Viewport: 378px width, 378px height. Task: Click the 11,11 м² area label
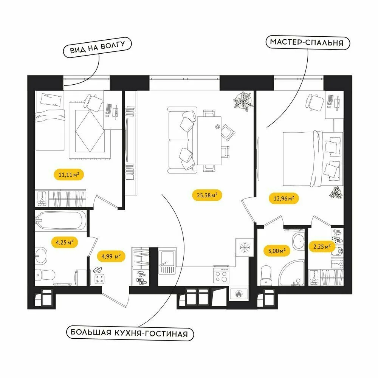click(x=69, y=174)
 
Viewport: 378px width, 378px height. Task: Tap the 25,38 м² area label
click(x=207, y=195)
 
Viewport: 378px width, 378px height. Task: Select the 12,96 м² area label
click(x=283, y=198)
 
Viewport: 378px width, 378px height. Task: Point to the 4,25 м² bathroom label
click(x=64, y=242)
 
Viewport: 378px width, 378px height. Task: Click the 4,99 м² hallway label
click(x=111, y=256)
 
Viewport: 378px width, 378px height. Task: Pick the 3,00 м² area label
click(x=277, y=251)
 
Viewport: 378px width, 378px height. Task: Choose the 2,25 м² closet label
click(x=322, y=246)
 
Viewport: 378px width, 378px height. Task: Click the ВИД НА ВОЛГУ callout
click(x=97, y=47)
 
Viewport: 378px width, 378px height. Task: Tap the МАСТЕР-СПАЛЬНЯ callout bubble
click(x=308, y=42)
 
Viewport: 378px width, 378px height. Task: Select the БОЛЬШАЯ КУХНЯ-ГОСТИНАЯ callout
click(x=130, y=333)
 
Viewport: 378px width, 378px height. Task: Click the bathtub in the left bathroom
click(x=60, y=220)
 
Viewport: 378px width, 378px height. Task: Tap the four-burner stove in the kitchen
click(x=221, y=274)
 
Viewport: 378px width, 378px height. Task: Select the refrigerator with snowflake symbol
click(x=245, y=248)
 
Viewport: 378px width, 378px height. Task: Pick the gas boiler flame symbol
click(x=239, y=294)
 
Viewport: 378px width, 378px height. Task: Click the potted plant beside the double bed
click(x=336, y=193)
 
